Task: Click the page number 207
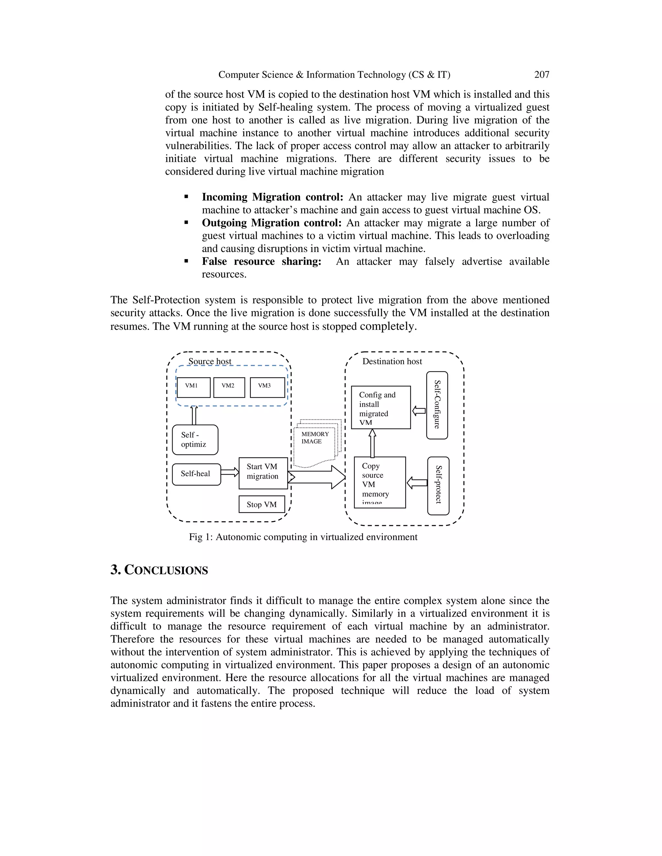point(542,75)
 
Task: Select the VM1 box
point(193,387)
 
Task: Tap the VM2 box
point(229,387)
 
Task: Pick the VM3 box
point(267,387)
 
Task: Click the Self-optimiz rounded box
point(195,440)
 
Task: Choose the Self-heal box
point(197,474)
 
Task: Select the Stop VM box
point(262,505)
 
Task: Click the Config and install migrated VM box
point(380,408)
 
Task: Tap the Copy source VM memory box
point(379,482)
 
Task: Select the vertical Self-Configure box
point(437,405)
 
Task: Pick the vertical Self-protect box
point(438,485)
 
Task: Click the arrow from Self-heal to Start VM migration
point(230,472)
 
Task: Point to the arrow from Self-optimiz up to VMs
point(194,415)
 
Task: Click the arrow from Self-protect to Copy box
point(417,483)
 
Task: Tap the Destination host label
point(392,361)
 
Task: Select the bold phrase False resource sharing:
point(261,261)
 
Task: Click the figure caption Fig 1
point(303,537)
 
